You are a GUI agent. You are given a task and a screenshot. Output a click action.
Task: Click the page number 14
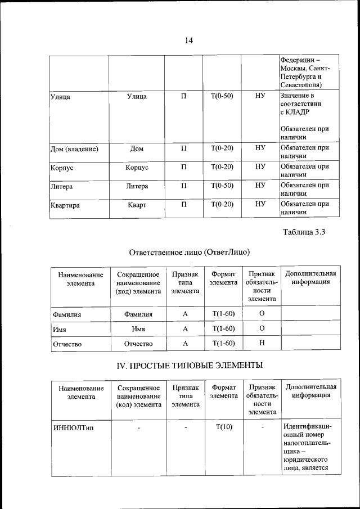[188, 40]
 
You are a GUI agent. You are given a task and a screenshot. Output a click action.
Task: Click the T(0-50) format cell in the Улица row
[222, 96]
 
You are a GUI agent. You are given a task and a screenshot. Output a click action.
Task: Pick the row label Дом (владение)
[74, 149]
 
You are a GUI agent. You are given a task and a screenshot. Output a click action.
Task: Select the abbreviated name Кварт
[137, 205]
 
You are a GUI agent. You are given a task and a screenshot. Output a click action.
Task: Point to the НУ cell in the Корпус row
[260, 167]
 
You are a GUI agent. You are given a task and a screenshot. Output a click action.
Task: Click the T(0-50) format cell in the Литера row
[222, 186]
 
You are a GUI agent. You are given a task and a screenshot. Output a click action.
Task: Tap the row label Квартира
[65, 205]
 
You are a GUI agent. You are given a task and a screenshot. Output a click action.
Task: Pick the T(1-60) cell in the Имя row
[224, 328]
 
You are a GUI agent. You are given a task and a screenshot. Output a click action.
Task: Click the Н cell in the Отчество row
[262, 343]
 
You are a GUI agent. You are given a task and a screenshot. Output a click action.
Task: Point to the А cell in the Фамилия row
[185, 313]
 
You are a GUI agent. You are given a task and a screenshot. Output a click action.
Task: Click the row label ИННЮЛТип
[73, 427]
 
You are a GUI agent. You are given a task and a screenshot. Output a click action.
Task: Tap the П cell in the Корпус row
[183, 167]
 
